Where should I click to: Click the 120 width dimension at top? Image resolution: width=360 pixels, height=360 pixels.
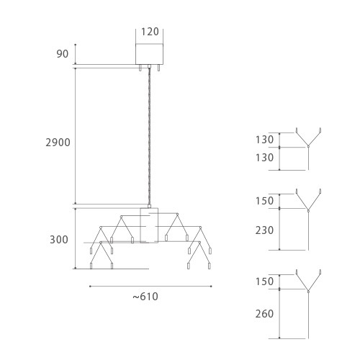pos(150,32)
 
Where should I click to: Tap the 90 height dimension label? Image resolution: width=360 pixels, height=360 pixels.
pos(63,54)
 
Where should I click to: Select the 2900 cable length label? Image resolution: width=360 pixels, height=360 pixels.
pos(58,143)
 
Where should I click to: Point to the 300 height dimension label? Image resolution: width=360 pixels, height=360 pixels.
pos(59,240)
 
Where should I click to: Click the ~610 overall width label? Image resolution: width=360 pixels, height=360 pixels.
pos(145,297)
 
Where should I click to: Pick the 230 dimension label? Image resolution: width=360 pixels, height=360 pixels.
pos(264,230)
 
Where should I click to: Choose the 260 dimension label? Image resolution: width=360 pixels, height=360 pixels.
pos(264,314)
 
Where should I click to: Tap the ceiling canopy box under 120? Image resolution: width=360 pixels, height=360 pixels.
pos(149,54)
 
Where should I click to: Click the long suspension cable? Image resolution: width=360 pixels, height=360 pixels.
pos(149,136)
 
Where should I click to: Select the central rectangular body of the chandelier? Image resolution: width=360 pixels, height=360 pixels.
pos(149,225)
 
